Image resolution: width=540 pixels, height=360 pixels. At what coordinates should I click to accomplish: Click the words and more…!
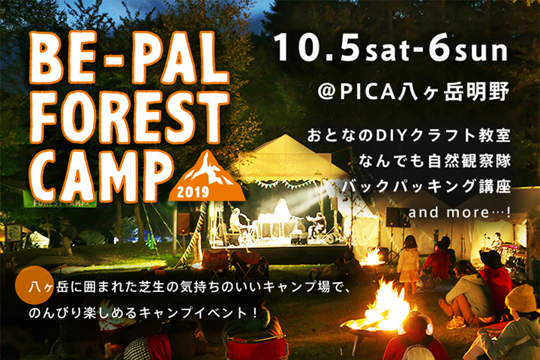pos(459,213)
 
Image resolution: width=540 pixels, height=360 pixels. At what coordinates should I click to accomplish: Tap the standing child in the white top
pos(408,264)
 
